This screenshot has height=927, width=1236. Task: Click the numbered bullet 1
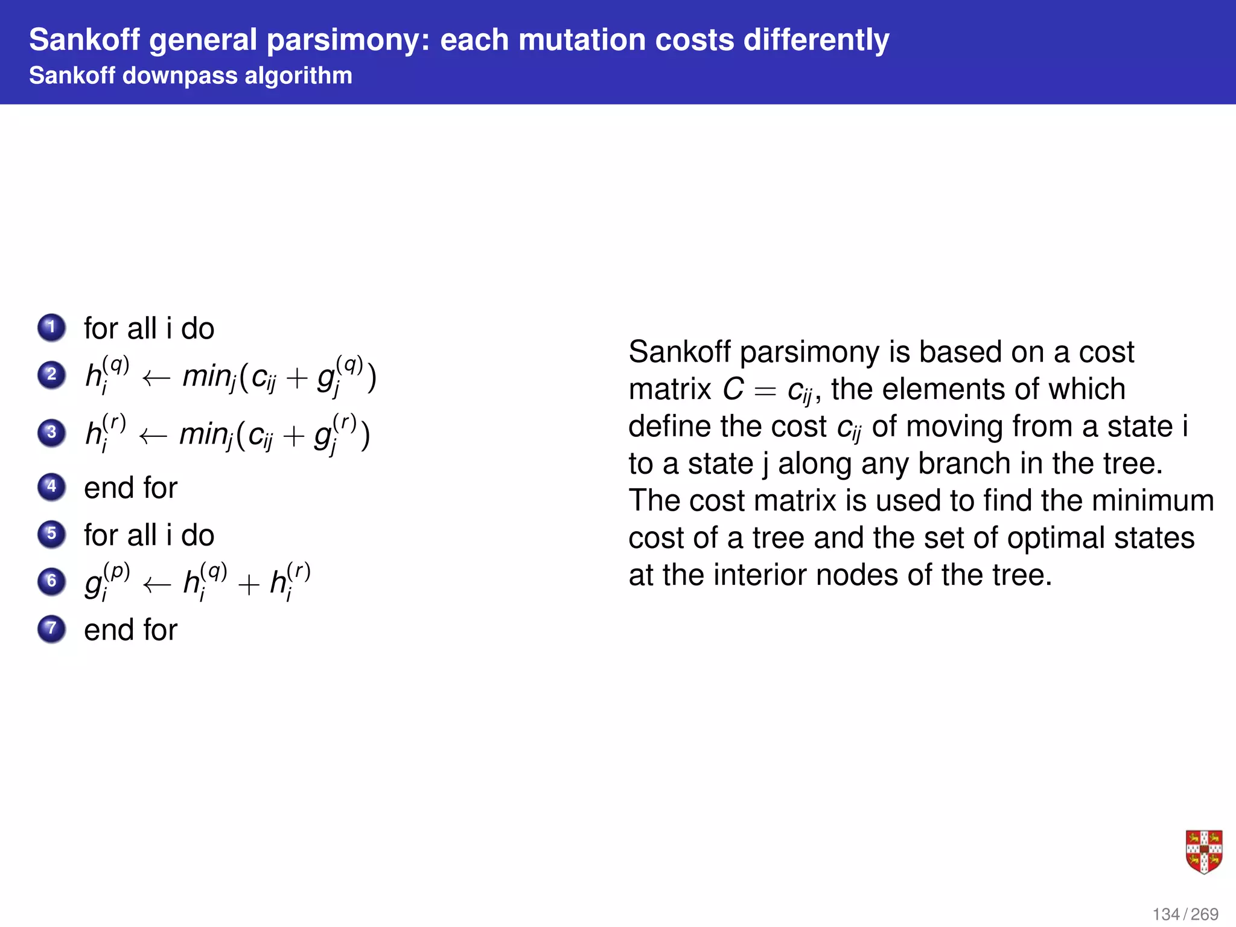[x=52, y=328]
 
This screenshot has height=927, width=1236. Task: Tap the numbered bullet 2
[x=52, y=375]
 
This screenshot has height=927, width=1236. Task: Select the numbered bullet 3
[x=52, y=433]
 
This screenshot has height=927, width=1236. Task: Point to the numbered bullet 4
[x=52, y=487]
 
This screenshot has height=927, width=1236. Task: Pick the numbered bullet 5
[x=52, y=534]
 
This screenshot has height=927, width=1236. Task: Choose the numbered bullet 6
[x=52, y=581]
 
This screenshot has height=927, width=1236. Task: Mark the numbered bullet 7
[x=52, y=629]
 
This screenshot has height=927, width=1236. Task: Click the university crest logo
[x=1203, y=852]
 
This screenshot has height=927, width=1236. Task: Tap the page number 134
[x=1165, y=914]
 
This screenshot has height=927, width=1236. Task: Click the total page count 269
[x=1205, y=914]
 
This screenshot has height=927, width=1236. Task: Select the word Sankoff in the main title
[x=84, y=40]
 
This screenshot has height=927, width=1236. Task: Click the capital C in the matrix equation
[x=733, y=389]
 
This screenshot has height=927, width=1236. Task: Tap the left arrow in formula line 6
[x=157, y=584]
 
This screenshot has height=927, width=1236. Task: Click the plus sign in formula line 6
[x=248, y=584]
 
